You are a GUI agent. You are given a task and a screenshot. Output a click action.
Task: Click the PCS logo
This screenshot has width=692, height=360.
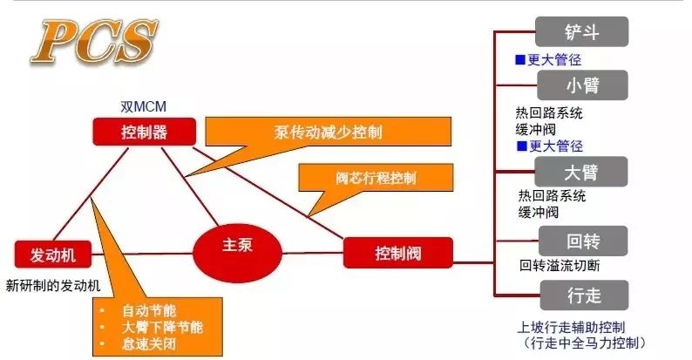[x=93, y=42]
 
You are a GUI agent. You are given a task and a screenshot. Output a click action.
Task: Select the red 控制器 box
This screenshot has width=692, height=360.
[x=145, y=132]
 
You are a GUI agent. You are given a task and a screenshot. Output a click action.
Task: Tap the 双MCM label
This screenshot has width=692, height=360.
[x=144, y=106]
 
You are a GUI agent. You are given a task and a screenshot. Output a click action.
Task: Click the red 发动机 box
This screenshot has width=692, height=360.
[x=53, y=255]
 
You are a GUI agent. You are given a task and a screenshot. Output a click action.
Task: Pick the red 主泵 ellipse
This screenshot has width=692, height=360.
[x=237, y=254]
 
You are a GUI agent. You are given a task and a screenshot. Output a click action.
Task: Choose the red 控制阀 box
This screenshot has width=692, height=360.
[x=398, y=253]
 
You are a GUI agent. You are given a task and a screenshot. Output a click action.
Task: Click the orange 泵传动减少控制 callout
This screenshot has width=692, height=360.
[x=329, y=132]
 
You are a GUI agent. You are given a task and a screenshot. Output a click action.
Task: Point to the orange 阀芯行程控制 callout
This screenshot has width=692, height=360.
[x=376, y=178]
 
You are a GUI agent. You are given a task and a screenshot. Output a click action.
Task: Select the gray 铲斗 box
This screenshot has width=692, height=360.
[x=581, y=31]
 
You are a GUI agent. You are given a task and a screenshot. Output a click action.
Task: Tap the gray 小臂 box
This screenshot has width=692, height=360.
[x=582, y=85]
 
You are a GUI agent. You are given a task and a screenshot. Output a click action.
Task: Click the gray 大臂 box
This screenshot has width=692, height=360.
[x=581, y=172]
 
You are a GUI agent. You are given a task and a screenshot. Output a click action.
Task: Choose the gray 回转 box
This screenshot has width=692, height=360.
[x=583, y=241]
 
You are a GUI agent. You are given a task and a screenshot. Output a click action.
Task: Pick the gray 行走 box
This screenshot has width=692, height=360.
[x=584, y=295]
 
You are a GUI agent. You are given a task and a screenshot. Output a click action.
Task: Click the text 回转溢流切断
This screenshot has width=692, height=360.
[x=560, y=266]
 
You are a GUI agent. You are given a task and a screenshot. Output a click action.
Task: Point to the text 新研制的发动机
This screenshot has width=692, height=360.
[x=53, y=285]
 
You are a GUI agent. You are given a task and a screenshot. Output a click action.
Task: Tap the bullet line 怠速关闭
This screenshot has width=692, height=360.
[x=149, y=343]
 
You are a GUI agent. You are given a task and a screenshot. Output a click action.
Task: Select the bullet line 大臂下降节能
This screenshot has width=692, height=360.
[x=162, y=327]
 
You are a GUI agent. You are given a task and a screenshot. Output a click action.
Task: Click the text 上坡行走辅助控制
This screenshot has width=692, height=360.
[x=571, y=328]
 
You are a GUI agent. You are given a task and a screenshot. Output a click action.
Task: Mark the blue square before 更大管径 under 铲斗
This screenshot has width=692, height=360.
[x=520, y=59]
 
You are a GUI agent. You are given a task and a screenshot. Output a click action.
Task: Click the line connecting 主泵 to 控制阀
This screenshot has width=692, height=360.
[x=313, y=254]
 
